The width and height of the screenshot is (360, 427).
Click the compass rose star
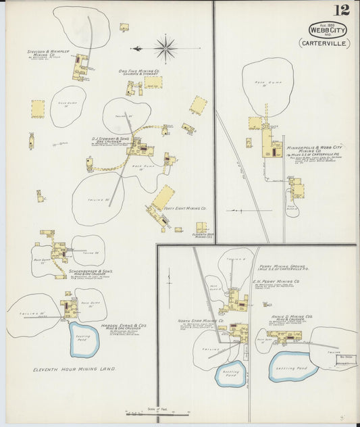tap(164, 49)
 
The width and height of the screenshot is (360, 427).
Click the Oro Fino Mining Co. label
tap(138, 71)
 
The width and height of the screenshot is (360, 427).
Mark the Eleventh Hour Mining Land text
tap(75, 370)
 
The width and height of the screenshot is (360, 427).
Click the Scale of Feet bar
tap(157, 412)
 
